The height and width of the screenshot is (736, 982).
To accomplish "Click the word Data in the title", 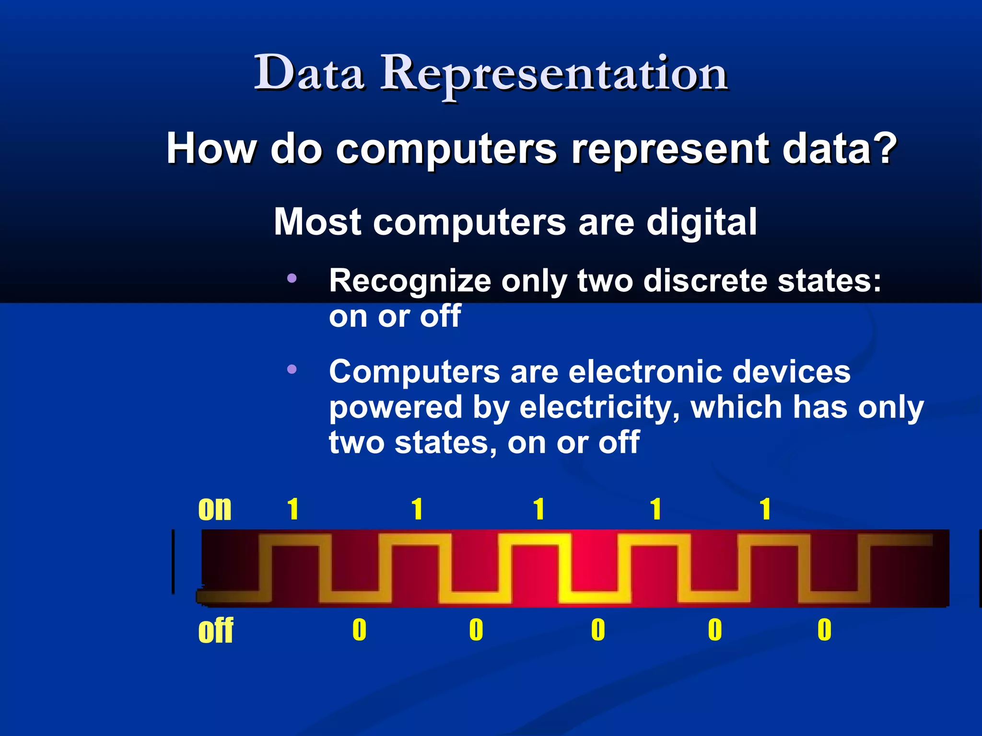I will [309, 73].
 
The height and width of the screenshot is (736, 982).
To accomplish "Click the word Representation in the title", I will [554, 74].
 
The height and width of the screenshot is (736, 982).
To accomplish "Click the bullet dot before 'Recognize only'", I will [292, 278].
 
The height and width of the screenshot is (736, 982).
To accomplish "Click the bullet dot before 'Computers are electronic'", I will [292, 369].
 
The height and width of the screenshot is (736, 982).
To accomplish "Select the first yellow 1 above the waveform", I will [293, 509].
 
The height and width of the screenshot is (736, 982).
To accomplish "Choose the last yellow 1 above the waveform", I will [765, 509].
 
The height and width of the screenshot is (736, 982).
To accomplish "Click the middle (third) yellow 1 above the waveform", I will [539, 509].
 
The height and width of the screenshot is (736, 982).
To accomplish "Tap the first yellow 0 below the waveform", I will [359, 630].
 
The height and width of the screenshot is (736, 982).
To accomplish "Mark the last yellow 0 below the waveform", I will [824, 630].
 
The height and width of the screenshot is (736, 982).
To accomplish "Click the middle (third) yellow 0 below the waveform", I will [598, 630].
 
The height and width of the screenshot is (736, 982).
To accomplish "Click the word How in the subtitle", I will [211, 149].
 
